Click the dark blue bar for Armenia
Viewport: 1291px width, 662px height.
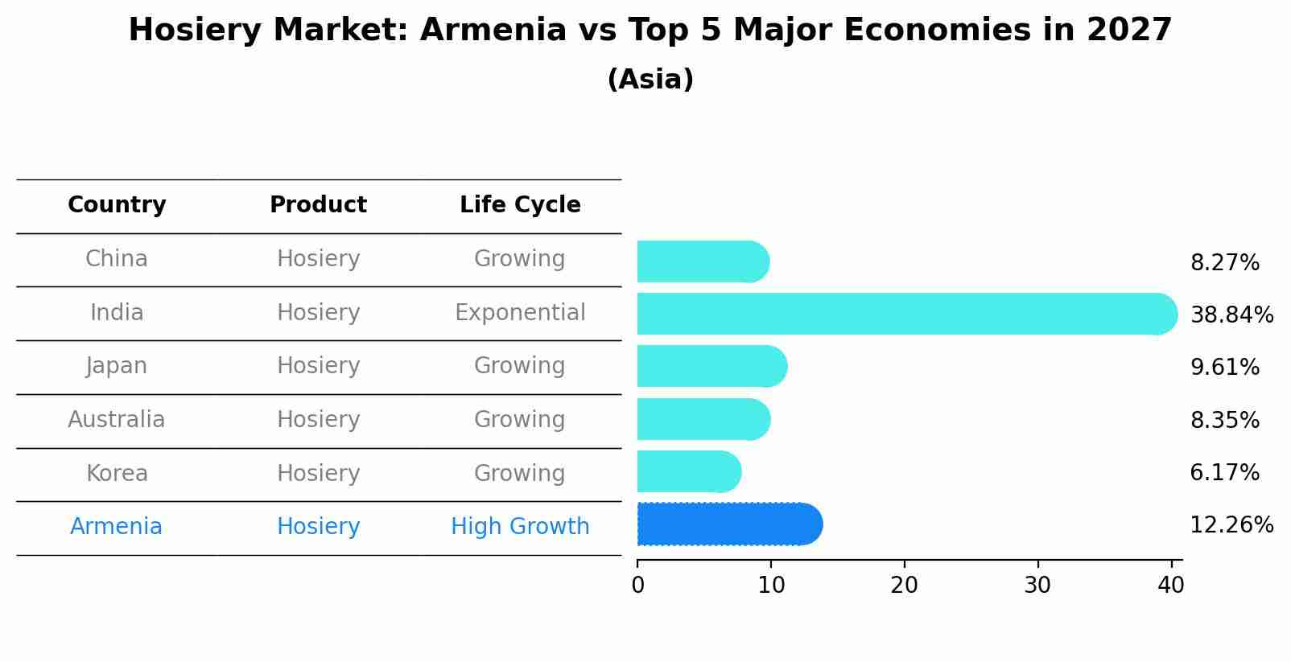point(730,524)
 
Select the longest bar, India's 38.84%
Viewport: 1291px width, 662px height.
point(907,314)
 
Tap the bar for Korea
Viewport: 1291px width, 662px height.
point(689,471)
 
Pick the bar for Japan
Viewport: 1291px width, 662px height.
point(712,367)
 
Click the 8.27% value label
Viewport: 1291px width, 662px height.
point(1225,263)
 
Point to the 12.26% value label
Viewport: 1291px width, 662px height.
point(1231,525)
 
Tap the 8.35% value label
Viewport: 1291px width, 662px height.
point(1225,420)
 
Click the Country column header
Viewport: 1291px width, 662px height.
point(117,205)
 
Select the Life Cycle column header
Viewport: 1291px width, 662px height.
point(520,204)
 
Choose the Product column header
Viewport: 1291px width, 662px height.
point(318,204)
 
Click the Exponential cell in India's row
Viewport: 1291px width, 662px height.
point(520,313)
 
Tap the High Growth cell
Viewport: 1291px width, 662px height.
point(520,527)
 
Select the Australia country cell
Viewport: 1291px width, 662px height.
point(117,419)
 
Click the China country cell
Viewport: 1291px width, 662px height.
point(117,259)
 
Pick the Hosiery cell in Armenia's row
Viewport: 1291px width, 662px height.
point(318,527)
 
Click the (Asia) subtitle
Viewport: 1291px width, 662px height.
point(650,80)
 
